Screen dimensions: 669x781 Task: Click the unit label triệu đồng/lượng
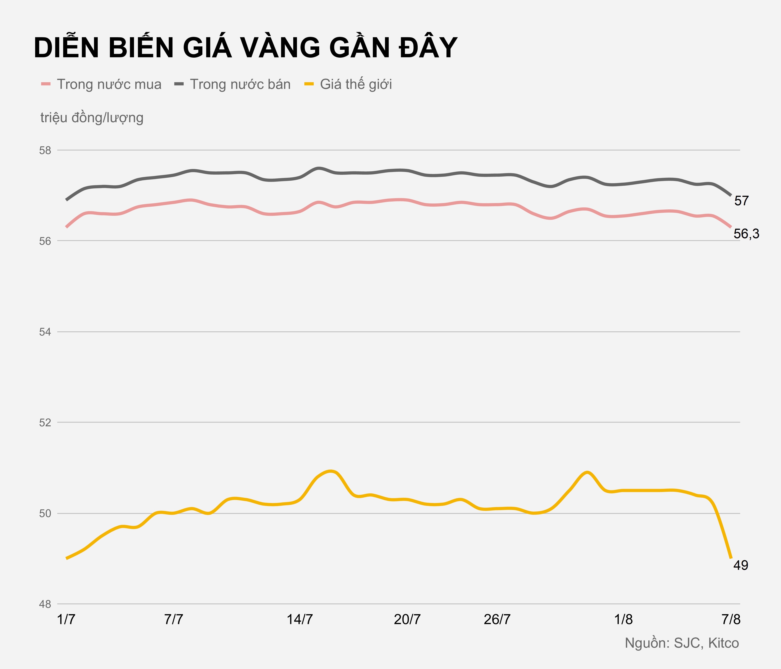[x=92, y=118]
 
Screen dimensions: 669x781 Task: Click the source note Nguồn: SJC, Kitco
[x=682, y=643]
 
